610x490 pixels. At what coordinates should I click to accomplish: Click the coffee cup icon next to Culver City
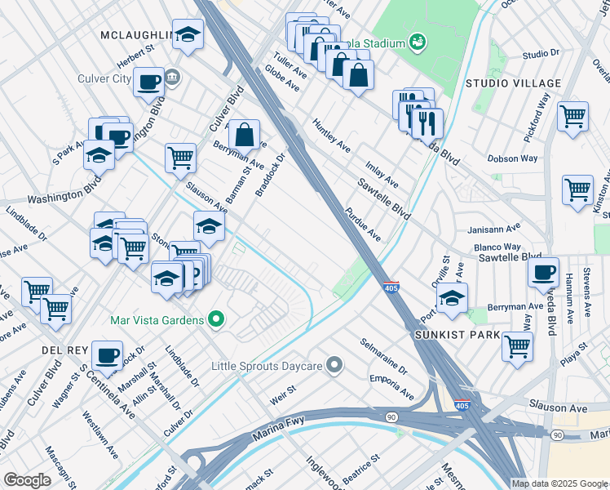tap(149, 82)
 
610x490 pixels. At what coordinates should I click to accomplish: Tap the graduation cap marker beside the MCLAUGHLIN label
tap(188, 35)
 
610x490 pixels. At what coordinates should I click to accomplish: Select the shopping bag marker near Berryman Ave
tap(244, 135)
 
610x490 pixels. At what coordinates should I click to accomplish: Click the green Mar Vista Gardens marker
tap(216, 318)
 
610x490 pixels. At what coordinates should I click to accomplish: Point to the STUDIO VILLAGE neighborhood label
tap(513, 83)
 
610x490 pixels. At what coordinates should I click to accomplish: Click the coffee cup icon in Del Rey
tap(107, 355)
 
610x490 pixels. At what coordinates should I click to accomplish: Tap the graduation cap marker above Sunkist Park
tap(453, 298)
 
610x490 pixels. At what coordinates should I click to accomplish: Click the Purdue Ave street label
tap(363, 224)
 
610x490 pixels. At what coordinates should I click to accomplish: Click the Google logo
tap(28, 480)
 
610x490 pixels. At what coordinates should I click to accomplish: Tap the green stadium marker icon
tap(417, 41)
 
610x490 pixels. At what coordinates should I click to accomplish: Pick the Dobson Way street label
tap(512, 158)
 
